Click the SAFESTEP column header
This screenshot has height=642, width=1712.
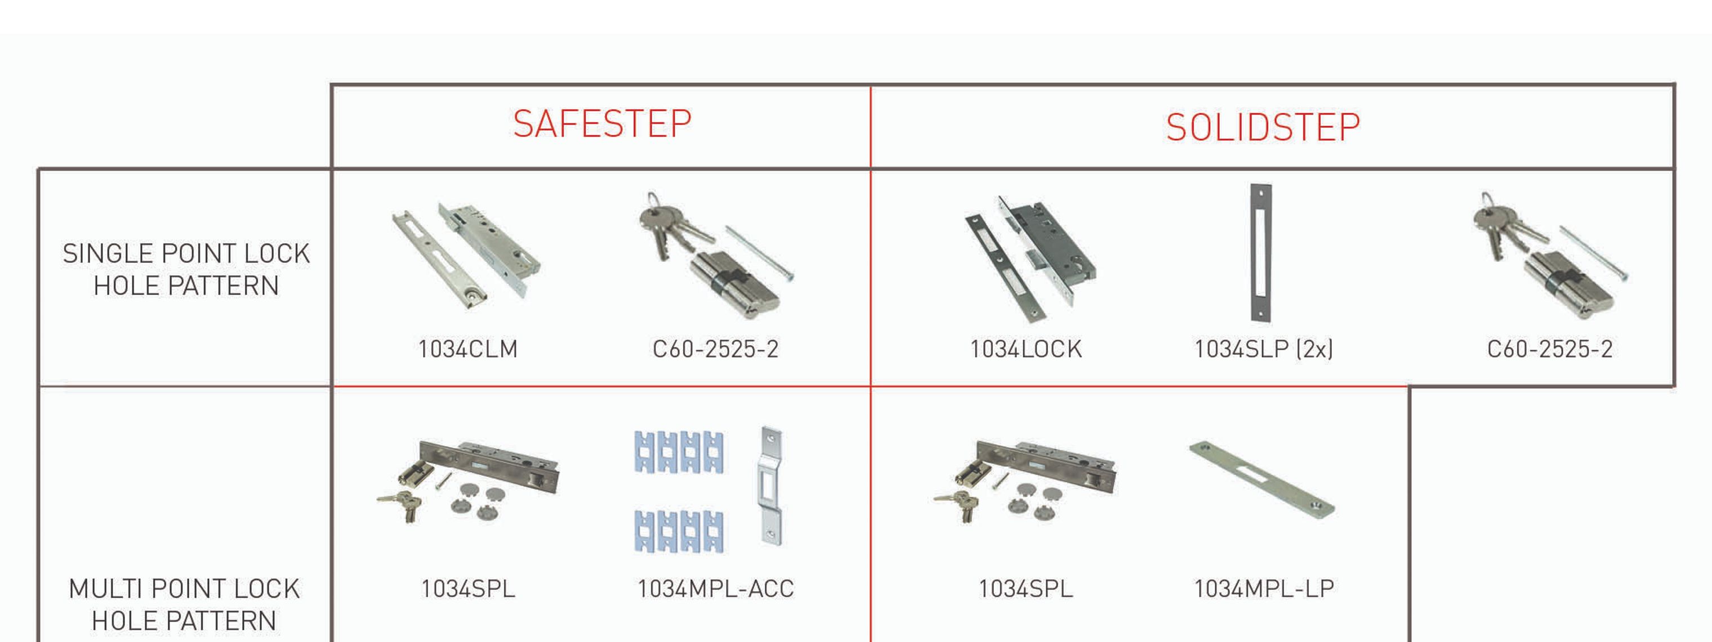tap(602, 124)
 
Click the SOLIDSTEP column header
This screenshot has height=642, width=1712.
tap(1263, 128)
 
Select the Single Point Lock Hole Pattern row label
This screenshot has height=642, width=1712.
tap(186, 269)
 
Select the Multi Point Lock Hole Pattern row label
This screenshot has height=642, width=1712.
tap(184, 604)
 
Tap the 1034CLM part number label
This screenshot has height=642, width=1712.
tap(468, 349)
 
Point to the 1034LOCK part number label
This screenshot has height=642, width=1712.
tap(1026, 349)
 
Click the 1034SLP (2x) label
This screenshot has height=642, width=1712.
tap(1263, 349)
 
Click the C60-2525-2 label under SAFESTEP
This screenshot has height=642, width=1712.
tap(715, 349)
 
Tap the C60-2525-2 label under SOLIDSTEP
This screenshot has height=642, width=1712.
tap(1550, 349)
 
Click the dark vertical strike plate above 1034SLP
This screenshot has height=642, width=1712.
tap(1261, 253)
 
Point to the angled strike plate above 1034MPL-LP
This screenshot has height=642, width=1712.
tap(1261, 479)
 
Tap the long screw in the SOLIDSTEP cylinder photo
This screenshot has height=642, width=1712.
tap(1594, 252)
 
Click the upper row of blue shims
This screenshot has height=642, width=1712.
tap(679, 452)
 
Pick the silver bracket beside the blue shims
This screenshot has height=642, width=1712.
tap(771, 486)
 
